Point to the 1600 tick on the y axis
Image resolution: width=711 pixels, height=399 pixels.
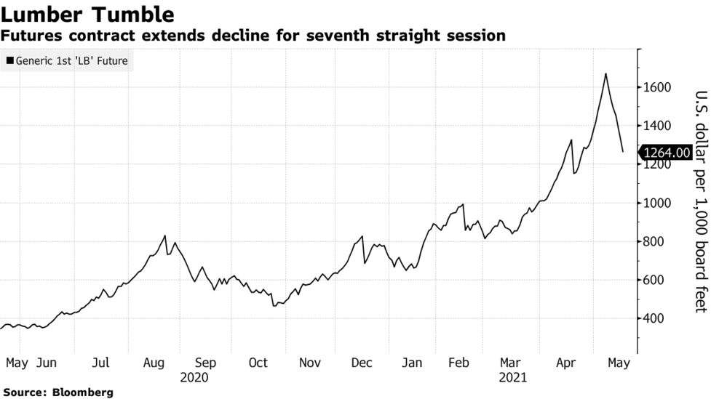pos(658,87)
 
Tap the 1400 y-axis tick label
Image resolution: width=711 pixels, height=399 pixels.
pos(658,126)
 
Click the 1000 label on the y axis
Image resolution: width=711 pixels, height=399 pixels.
pos(658,203)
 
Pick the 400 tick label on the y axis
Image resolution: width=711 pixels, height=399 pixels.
pos(655,318)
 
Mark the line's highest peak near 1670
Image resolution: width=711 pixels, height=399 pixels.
pos(605,74)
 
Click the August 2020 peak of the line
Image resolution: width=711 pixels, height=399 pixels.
pos(165,235)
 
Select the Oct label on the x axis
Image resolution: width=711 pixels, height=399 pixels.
pos(258,363)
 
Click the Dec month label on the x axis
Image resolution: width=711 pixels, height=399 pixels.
pos(362,363)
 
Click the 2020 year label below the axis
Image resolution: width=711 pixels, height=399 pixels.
pos(194,377)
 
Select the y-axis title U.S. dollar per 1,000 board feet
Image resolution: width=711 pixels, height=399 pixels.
pos(700,202)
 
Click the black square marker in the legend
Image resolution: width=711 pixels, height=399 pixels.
pos(9,61)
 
